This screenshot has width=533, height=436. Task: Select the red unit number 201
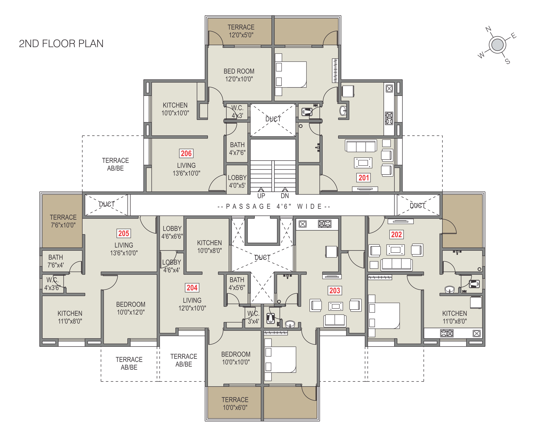(x=364, y=178)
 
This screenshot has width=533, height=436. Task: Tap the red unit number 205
(x=124, y=233)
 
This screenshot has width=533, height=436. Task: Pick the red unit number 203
(x=335, y=291)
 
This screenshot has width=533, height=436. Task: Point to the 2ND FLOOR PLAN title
(x=61, y=44)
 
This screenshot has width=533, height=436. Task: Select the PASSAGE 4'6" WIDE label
(x=274, y=206)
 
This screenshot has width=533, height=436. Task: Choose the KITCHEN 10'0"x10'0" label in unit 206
(x=175, y=109)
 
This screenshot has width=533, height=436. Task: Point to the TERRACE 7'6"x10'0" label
(x=63, y=221)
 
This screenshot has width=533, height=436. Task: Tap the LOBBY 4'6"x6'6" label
(x=172, y=232)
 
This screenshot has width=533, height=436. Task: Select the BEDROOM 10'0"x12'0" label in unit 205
(x=131, y=308)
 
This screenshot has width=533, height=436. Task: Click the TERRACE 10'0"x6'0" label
(x=235, y=404)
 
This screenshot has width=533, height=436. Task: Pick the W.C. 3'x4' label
(x=253, y=317)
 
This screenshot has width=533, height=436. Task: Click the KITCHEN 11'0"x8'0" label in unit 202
(x=455, y=317)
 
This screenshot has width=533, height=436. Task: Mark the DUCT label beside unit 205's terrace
(x=107, y=204)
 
